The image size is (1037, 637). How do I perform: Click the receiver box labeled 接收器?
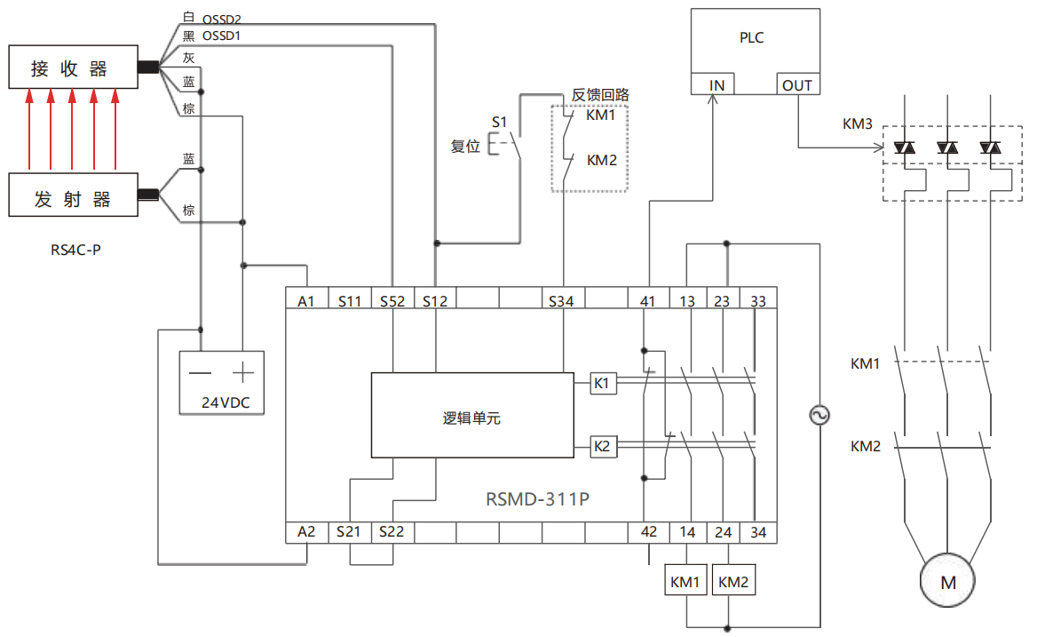pos(73,68)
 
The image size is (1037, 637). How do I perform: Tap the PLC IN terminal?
pos(716,85)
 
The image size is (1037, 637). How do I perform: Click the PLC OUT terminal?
pos(796,85)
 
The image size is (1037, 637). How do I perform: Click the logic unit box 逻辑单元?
pos(472,417)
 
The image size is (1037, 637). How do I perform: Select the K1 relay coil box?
pos(602,383)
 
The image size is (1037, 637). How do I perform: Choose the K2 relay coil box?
pos(602,446)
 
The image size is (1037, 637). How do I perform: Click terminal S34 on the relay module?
pos(561,301)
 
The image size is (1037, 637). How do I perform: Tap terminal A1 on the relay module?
pos(306,301)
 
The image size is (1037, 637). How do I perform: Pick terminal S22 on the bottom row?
pos(392,531)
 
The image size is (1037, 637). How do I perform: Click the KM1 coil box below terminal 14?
pos(685,583)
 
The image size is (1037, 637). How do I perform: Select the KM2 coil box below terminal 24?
pos(733,583)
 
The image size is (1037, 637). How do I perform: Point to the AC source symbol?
pos(818,415)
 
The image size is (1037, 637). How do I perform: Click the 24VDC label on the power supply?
pos(226,402)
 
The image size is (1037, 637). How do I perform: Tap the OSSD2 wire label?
pos(221,18)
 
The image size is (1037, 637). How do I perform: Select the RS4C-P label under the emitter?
pos(75,250)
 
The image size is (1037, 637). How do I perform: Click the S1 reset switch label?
pos(499,122)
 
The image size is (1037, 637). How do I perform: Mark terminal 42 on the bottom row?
pos(649,531)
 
